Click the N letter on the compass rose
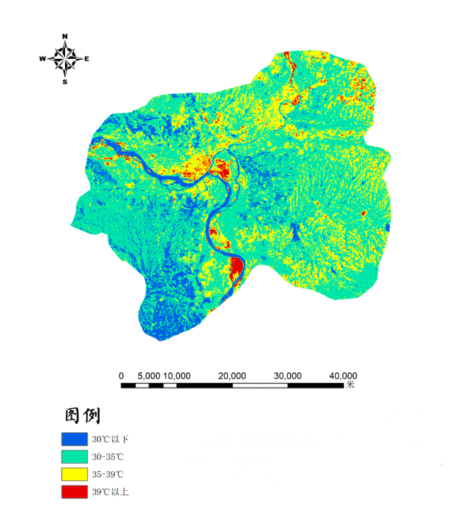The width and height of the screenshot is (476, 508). point(65,36)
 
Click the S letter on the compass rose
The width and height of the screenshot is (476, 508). point(64,81)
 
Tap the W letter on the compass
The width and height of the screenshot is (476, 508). point(42,59)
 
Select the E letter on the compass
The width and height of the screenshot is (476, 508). point(87,59)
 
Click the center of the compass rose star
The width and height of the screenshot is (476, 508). point(65,59)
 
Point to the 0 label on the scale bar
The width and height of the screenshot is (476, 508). point(122,376)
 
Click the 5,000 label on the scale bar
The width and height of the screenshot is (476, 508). point(149,376)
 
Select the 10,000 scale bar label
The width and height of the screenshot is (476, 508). point(177,376)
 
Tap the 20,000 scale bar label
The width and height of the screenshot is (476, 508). point(233,376)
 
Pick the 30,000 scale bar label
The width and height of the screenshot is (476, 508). point(288,376)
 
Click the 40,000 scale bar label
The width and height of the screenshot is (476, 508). point(343,376)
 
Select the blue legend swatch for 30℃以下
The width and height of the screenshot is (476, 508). point(74,439)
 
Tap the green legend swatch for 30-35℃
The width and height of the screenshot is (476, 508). point(74,456)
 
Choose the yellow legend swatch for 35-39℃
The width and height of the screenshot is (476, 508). point(74,473)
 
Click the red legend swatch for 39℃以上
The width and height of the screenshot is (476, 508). point(74,490)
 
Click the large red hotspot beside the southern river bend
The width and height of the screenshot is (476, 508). point(236,269)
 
